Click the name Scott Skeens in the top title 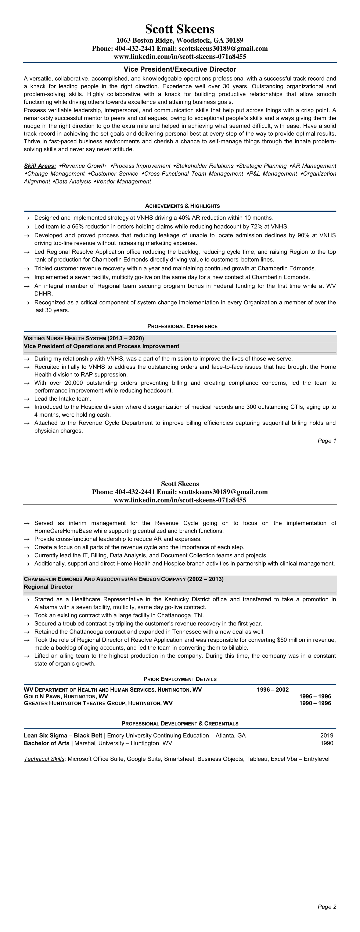[x=180, y=29]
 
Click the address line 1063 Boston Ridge [x=180, y=40]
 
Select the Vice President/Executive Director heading [x=180, y=69]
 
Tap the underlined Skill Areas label [x=40, y=166]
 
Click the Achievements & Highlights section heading [x=182, y=206]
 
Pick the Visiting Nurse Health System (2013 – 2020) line [x=84, y=338]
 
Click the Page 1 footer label [x=327, y=441]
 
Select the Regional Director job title [x=48, y=587]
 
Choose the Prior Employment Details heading [x=180, y=679]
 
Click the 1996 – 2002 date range [x=273, y=690]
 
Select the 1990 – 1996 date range [x=315, y=703]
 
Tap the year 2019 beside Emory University [x=327, y=736]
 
